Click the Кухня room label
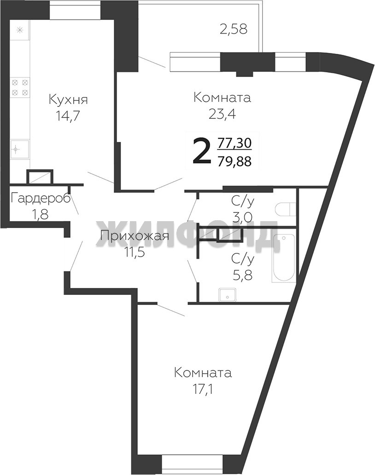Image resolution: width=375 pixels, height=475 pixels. (x=68, y=100)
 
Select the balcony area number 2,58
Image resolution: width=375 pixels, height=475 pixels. (x=234, y=29)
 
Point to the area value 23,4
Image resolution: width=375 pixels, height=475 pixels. (x=223, y=114)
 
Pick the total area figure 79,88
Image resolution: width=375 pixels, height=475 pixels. (x=234, y=161)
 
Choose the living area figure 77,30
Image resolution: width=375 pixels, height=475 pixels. (x=234, y=143)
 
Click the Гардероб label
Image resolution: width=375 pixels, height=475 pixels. (x=41, y=199)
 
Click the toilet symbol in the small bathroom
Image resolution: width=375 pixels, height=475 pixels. (x=285, y=209)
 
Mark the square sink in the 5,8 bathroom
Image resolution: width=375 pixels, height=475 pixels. (x=228, y=294)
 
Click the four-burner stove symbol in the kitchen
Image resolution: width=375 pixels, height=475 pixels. (x=20, y=87)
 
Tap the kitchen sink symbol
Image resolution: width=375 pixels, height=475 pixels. (x=20, y=149)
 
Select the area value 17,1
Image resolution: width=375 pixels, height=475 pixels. (x=203, y=389)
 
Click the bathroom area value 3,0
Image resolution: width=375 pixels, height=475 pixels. (x=242, y=217)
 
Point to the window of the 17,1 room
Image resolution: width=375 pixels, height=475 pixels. (x=193, y=466)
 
